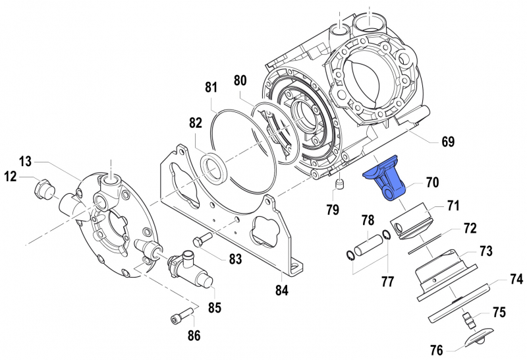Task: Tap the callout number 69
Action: click(448, 142)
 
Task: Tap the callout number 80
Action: click(240, 80)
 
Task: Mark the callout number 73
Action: click(485, 252)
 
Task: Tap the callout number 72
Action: click(469, 229)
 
